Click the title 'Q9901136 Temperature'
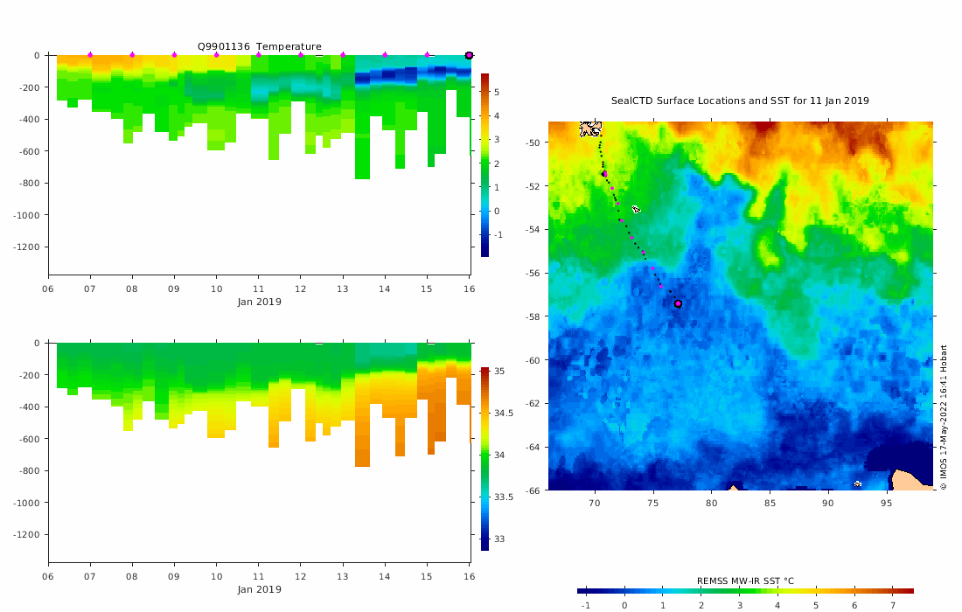pyautogui.click(x=259, y=46)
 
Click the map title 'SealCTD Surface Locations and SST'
pyautogui.click(x=740, y=101)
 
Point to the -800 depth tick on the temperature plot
pyautogui.click(x=36, y=184)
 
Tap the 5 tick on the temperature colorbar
pyautogui.click(x=496, y=91)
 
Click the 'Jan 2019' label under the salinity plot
pyautogui.click(x=259, y=589)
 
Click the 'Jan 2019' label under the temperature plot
pyautogui.click(x=259, y=302)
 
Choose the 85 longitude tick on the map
pyautogui.click(x=770, y=503)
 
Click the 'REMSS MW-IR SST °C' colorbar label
pyautogui.click(x=745, y=581)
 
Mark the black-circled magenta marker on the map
pyautogui.click(x=678, y=303)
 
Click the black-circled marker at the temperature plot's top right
pyautogui.click(x=469, y=55)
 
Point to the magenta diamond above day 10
pyautogui.click(x=216, y=55)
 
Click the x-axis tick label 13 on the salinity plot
pyautogui.click(x=343, y=577)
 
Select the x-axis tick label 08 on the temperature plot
pyautogui.click(x=132, y=289)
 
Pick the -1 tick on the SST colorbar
pyautogui.click(x=585, y=605)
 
